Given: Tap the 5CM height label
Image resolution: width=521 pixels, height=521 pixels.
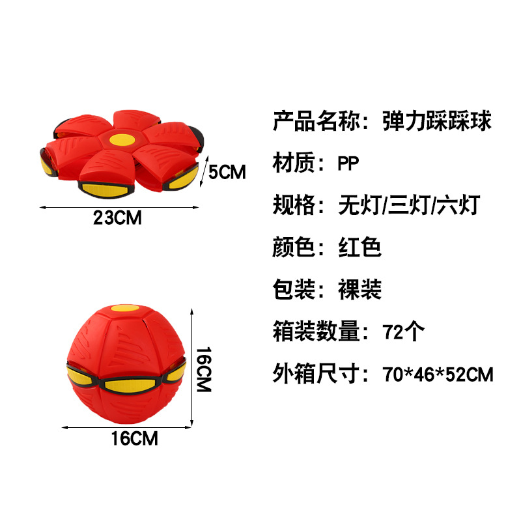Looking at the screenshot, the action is point(226,172).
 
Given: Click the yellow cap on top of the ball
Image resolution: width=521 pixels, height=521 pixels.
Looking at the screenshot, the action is point(126,308).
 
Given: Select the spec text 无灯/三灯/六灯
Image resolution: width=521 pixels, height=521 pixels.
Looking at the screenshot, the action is point(409,205).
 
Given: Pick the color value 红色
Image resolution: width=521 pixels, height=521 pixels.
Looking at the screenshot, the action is point(359,247).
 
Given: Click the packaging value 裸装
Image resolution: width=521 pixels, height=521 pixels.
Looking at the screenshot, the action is point(359,290).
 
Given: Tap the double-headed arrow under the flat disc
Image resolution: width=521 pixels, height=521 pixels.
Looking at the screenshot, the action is point(117,208).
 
